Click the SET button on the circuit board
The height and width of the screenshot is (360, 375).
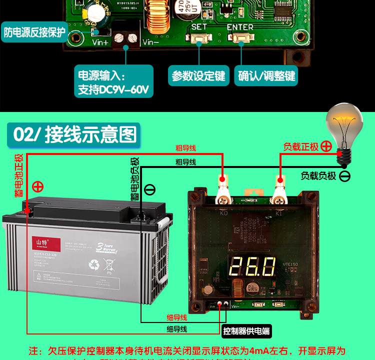(199, 38)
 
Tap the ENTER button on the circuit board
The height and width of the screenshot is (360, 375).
(240, 38)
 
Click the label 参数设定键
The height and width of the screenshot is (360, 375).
(198, 76)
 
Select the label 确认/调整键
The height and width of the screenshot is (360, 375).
(267, 76)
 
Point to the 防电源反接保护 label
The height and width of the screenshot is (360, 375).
(35, 32)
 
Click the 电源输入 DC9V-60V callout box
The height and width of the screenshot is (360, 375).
(113, 83)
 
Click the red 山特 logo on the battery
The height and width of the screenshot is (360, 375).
(47, 243)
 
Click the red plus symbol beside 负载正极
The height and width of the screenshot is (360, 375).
(326, 146)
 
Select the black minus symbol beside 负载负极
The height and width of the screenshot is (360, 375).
(345, 176)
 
